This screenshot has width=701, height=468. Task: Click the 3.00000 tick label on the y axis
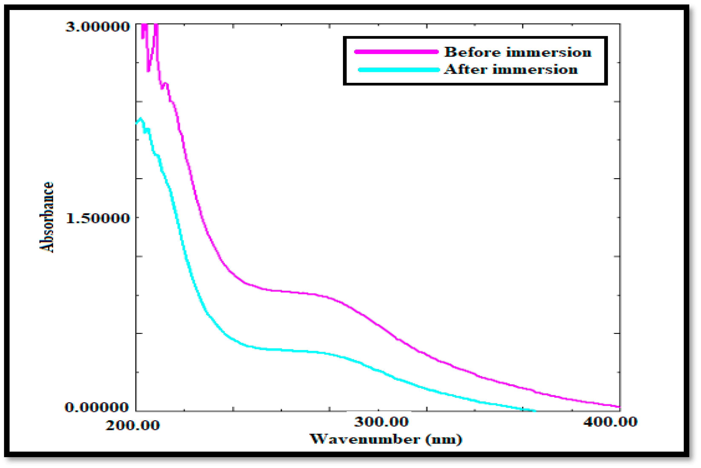coord(97,27)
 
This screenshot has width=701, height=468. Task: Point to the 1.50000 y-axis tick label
coord(97,218)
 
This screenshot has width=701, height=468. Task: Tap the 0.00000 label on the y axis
coord(97,407)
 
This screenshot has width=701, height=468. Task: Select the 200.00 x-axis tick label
coord(132,425)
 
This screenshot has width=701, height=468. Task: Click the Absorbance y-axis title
coord(47,217)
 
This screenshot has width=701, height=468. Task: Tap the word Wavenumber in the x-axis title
coord(365,439)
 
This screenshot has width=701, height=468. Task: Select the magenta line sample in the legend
coord(396,52)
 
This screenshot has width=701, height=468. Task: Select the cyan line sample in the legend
coord(399,70)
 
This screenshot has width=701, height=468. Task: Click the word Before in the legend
coord(472,52)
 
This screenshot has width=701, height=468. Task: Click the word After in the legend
coord(466,70)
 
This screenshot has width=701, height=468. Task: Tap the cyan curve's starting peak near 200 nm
coord(140,119)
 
